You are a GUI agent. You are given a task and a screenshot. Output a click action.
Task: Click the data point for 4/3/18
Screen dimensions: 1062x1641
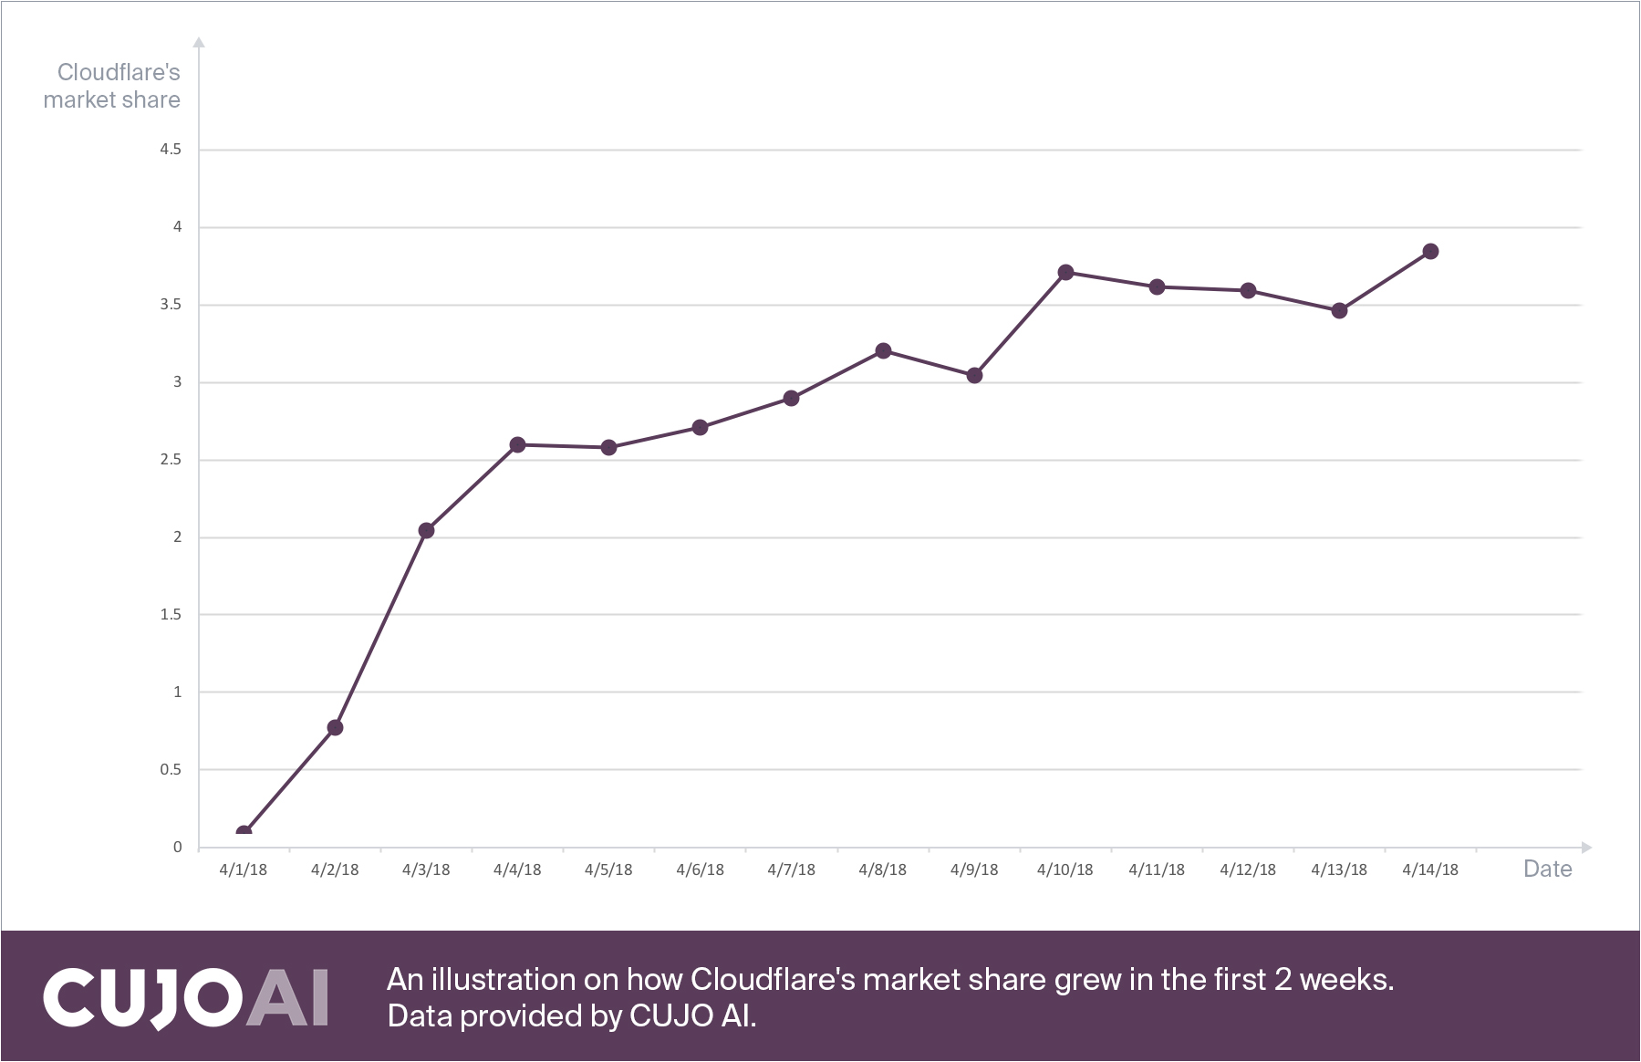pos(426,530)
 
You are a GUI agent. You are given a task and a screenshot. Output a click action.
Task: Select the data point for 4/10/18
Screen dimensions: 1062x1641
pos(1065,272)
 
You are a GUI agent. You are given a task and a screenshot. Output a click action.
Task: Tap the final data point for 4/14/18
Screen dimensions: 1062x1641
pos(1430,251)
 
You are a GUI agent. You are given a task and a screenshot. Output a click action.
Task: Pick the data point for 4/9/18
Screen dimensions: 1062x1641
pos(974,375)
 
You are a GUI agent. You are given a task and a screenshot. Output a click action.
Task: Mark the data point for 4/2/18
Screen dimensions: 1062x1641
pos(335,727)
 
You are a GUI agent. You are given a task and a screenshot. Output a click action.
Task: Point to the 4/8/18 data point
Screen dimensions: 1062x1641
pos(883,350)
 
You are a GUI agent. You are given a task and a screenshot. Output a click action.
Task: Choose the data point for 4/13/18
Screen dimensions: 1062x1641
pos(1339,310)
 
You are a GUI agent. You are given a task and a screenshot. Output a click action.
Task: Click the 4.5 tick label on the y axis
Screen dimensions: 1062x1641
pos(171,149)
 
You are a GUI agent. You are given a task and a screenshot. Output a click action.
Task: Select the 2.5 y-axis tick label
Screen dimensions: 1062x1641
pos(171,459)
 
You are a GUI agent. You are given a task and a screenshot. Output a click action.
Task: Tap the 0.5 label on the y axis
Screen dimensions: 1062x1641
pos(171,769)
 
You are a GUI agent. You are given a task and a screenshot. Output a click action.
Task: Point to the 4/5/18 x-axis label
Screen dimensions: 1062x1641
pos(608,869)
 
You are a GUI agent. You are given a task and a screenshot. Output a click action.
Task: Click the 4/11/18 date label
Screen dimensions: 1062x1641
pos(1157,869)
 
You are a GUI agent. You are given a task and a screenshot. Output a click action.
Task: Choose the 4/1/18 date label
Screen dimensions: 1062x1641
pos(244,869)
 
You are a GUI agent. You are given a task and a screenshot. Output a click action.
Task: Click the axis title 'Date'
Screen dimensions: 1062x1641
pos(1547,869)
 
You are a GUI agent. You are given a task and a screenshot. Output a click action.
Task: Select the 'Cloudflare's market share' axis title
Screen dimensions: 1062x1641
pos(112,86)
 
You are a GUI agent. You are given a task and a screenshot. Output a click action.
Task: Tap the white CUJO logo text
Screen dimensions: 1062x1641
pos(142,996)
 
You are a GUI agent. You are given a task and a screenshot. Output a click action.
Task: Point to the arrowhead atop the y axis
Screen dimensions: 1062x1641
pos(199,42)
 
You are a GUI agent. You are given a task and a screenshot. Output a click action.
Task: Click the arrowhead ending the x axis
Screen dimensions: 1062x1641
pos(1586,847)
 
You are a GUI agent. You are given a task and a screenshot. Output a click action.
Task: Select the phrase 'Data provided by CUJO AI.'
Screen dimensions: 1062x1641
pos(572,1015)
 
